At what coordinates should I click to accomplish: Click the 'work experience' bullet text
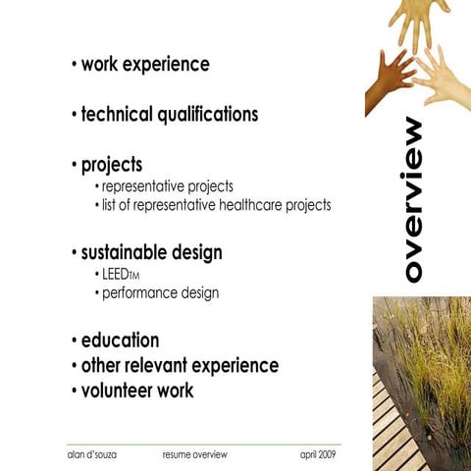coord(144,65)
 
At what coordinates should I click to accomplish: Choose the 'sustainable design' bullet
coord(151,252)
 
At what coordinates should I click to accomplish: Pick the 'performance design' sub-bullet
coord(161,292)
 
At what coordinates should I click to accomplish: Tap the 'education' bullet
coord(120,340)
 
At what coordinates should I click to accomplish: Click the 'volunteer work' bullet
coord(137,391)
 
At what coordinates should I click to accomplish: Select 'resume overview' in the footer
coord(195,455)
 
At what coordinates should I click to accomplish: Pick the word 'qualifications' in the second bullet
coord(206,114)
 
